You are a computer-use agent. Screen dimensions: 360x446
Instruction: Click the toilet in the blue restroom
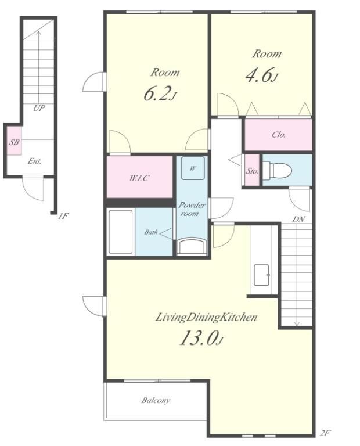[x=277, y=170]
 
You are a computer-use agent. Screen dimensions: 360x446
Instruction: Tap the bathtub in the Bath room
[x=121, y=232]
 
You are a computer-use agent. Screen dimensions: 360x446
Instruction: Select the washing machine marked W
[x=193, y=168]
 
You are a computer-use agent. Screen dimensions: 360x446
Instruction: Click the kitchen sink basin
[x=261, y=275]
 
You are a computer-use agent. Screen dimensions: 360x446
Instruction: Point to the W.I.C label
[x=139, y=178]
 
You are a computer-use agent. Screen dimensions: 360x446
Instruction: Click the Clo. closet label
[x=279, y=135]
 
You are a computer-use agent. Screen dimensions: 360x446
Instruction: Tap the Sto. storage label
[x=252, y=171]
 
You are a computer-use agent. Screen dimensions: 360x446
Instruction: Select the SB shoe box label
[x=14, y=142]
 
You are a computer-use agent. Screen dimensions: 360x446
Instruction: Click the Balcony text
[x=156, y=401]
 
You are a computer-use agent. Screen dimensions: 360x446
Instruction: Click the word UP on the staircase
[x=39, y=108]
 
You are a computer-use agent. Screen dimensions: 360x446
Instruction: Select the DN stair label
[x=298, y=220]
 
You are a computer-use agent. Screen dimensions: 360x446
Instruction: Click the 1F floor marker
[x=63, y=216]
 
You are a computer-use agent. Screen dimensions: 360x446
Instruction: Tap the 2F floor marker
[x=325, y=433]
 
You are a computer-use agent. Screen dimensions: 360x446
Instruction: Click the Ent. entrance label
[x=34, y=161]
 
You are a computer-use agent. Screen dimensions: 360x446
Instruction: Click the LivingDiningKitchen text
[x=206, y=317]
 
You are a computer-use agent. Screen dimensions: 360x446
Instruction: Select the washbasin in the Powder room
[x=192, y=246]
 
